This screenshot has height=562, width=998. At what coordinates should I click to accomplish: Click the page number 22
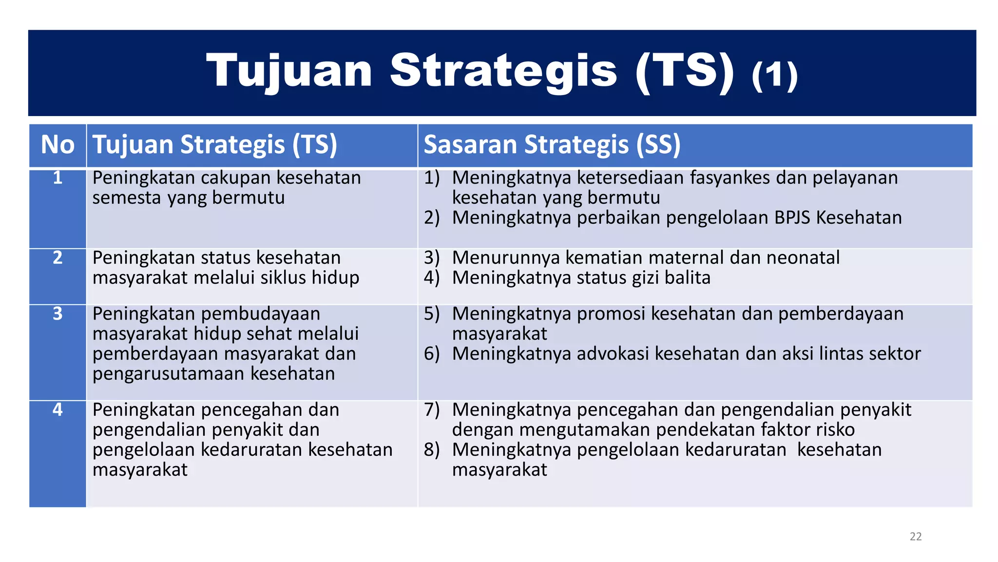(x=916, y=537)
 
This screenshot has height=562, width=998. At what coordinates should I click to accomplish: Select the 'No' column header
(x=58, y=145)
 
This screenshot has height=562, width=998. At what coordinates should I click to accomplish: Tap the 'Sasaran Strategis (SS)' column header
(x=552, y=145)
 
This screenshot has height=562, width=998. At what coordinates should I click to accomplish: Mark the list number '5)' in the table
(x=432, y=314)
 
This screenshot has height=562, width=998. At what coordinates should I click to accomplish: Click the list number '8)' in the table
(x=432, y=450)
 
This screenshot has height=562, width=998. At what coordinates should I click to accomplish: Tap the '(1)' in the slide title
(x=774, y=75)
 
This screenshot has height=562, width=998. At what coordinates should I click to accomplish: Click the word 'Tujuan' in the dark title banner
(x=289, y=71)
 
